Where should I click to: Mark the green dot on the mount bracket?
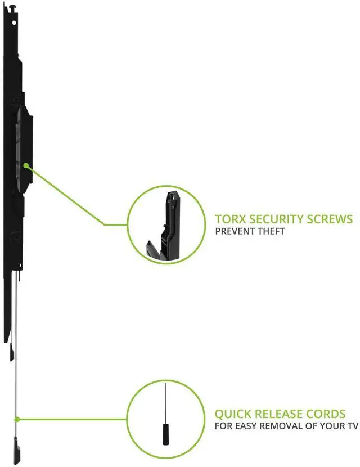pyautogui.click(x=26, y=165)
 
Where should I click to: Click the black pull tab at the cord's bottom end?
pyautogui.click(x=17, y=452)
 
